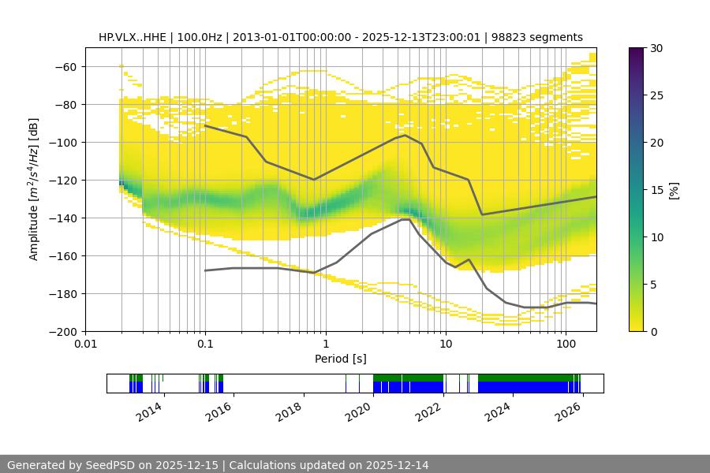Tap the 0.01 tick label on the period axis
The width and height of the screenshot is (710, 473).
point(85,344)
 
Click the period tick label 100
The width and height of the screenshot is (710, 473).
point(565,344)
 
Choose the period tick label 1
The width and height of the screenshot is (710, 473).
point(325,344)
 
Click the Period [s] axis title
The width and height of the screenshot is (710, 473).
point(341,359)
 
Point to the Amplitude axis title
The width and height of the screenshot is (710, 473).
point(33,189)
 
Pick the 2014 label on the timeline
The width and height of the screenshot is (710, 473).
point(150,411)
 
